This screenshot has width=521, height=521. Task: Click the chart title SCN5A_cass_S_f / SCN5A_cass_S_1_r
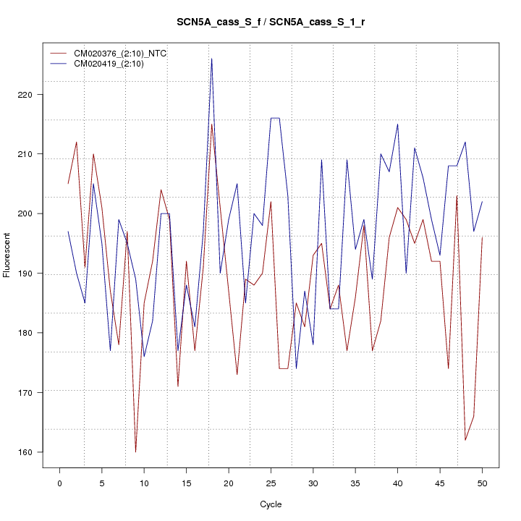[271, 22]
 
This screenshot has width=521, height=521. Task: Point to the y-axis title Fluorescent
[7, 254]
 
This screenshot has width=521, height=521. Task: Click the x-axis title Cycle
[271, 504]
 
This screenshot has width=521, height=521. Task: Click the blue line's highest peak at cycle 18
[211, 59]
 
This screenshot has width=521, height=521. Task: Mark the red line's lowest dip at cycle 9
[135, 452]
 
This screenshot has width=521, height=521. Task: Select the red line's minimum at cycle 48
[465, 440]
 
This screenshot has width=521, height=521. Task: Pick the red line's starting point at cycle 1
[68, 184]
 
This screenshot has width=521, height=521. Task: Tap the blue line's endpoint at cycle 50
[482, 202]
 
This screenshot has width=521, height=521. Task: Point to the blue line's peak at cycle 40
[397, 124]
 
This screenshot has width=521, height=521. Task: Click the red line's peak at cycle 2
[77, 142]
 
